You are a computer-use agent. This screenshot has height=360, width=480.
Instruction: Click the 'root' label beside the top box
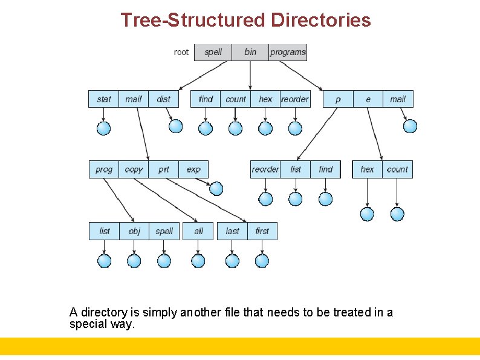coord(181,52)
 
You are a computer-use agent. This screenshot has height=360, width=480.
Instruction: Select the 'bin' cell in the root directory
coord(250,52)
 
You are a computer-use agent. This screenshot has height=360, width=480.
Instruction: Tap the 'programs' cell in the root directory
coord(288,52)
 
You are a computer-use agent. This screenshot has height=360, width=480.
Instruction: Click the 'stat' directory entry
coord(104,99)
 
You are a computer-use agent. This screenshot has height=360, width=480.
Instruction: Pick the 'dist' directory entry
coord(163,99)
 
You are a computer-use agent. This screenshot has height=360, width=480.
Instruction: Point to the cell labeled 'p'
coord(338,99)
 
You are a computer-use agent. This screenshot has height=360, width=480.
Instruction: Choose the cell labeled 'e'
coord(368,99)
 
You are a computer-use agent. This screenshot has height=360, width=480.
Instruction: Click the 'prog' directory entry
coord(104,169)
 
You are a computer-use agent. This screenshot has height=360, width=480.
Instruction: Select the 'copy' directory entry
coord(134,169)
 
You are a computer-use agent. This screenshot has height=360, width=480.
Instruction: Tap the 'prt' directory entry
coord(164,169)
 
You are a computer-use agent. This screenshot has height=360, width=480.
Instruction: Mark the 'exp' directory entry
coord(193,169)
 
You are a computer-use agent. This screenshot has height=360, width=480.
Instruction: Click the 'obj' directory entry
coord(134,231)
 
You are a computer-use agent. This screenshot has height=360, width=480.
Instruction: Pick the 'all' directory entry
coord(199,231)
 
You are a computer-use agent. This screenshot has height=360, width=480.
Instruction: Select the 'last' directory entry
coord(232,231)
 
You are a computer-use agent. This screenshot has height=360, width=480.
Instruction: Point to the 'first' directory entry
coord(262,231)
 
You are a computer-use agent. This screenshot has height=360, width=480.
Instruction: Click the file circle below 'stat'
coord(104,128)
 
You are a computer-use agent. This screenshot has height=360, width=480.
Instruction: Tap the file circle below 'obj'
coord(134,261)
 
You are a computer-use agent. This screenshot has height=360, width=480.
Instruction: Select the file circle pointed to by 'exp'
coord(216,189)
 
